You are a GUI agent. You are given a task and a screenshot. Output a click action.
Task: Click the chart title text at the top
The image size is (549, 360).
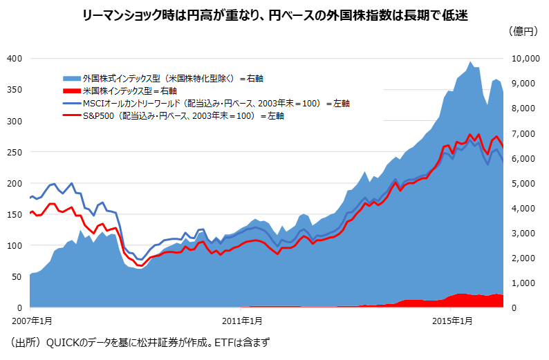click(x=274, y=15)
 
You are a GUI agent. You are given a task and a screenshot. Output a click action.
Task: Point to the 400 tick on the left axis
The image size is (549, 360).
click(x=14, y=59)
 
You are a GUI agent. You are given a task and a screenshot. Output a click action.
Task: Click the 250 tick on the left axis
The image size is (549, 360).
click(x=14, y=152)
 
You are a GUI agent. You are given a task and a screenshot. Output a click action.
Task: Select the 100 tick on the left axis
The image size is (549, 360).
click(x=14, y=245)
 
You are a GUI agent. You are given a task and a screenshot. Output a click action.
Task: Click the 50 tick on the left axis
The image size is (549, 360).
click(x=16, y=276)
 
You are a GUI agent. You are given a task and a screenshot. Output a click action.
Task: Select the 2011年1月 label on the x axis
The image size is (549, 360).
click(x=241, y=321)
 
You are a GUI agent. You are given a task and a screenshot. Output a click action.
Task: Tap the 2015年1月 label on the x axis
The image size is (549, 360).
click(x=452, y=321)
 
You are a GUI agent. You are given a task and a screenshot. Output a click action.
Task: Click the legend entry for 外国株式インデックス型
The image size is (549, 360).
click(x=173, y=78)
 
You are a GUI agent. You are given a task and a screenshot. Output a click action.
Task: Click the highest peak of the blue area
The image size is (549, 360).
click(x=470, y=63)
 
